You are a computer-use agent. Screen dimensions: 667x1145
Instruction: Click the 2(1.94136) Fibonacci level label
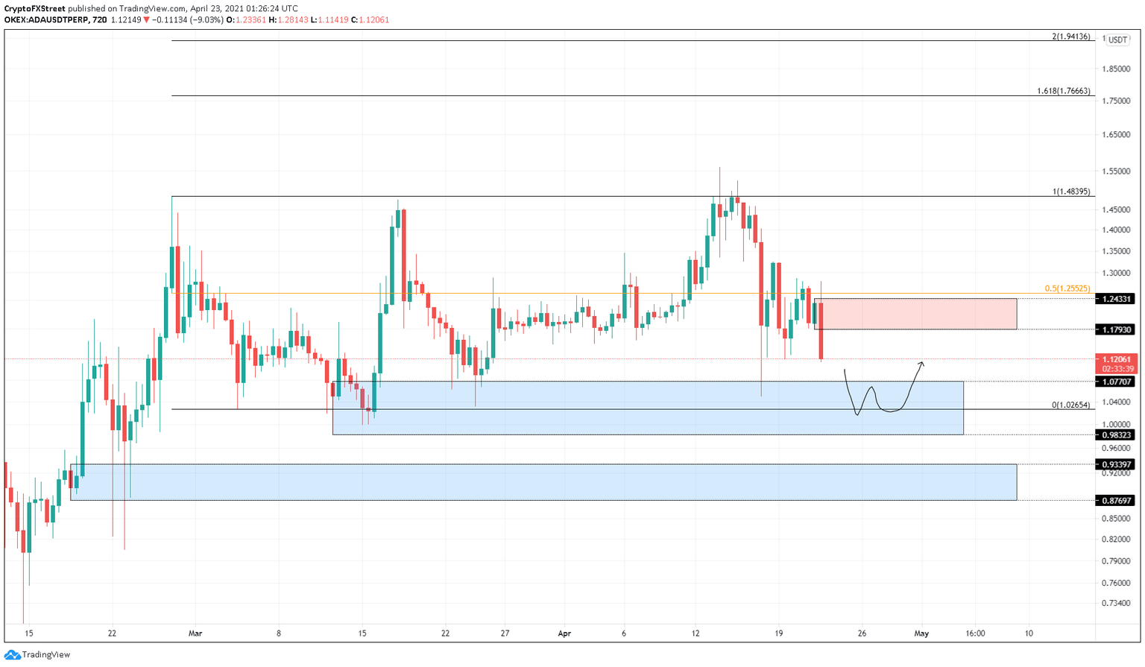click(1070, 37)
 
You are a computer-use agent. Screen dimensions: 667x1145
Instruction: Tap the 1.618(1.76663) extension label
click(1064, 91)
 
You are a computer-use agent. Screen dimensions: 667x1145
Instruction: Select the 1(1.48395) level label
click(1071, 192)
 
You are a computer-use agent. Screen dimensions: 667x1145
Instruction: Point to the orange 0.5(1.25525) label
click(1067, 288)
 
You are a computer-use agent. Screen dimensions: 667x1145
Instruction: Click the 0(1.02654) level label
click(1070, 405)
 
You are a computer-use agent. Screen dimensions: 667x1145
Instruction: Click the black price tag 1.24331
click(1115, 299)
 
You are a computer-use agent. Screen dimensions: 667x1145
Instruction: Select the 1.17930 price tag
click(1115, 329)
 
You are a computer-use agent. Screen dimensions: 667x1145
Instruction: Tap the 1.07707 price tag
click(1115, 382)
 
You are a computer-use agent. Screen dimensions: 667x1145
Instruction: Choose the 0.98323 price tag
click(1115, 434)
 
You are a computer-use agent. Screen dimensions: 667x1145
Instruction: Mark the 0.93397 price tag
click(1115, 464)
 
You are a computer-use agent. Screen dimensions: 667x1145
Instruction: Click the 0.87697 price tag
click(1115, 500)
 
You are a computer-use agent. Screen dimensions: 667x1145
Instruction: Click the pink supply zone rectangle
click(915, 314)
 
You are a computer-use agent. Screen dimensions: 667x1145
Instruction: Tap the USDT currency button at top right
click(1117, 40)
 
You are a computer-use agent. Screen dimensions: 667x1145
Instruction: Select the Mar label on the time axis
click(195, 633)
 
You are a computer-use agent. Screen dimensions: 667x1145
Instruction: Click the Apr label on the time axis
click(564, 633)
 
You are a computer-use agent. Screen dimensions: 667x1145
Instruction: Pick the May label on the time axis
click(921, 633)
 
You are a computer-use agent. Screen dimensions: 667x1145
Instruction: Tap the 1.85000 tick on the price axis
click(1115, 69)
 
